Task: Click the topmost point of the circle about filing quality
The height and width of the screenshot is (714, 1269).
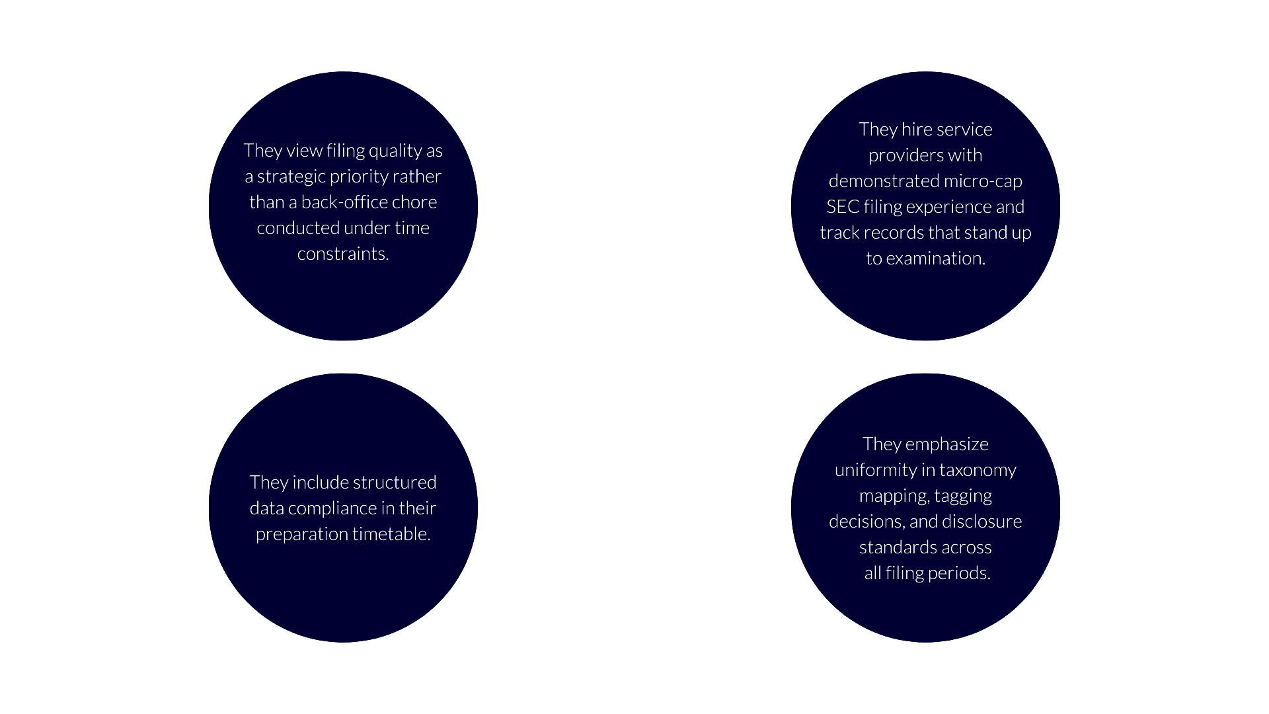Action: pyautogui.click(x=343, y=71)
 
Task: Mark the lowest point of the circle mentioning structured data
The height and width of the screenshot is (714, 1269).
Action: pyautogui.click(x=343, y=642)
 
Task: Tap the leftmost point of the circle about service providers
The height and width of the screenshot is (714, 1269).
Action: pyautogui.click(x=791, y=206)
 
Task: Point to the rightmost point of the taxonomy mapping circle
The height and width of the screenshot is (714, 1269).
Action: pyautogui.click(x=1060, y=508)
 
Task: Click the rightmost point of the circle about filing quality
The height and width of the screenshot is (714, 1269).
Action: pyautogui.click(x=478, y=206)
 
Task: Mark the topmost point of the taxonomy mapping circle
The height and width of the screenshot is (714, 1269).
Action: pyautogui.click(x=925, y=373)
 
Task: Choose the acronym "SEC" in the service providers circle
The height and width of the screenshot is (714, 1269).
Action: pyautogui.click(x=842, y=207)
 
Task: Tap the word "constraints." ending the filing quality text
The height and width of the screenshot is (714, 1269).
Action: pyautogui.click(x=343, y=254)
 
